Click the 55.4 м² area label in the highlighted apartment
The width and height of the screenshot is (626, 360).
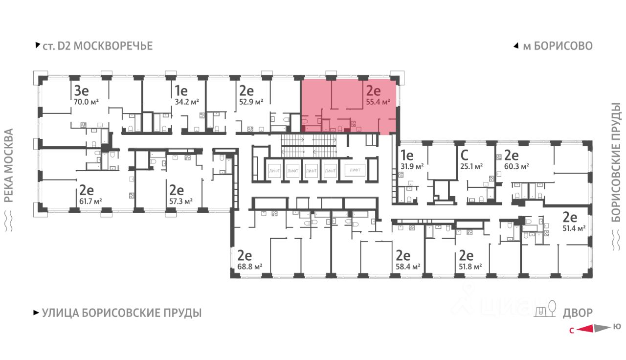378,102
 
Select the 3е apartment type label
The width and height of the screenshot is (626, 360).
81,90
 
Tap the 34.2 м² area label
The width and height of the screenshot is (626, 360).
187,102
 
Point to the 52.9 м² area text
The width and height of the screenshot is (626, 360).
251,102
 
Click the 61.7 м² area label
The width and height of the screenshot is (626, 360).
90,201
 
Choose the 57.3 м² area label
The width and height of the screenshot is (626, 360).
181,201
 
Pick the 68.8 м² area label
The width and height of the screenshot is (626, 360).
249,267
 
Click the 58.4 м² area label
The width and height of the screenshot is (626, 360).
408,267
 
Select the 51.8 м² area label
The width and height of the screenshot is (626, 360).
470,267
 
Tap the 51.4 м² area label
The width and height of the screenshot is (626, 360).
574,228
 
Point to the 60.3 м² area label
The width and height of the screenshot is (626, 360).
516,167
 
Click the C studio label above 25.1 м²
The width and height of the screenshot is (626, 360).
464,155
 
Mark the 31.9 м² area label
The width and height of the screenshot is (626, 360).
412,167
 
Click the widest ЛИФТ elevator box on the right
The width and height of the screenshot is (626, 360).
355,170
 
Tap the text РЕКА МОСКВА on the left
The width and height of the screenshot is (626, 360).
9,165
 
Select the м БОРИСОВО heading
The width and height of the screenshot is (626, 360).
558,46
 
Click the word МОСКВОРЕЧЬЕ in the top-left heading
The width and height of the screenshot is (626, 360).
113,46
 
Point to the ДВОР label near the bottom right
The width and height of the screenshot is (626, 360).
578,313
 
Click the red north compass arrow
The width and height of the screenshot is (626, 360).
584,329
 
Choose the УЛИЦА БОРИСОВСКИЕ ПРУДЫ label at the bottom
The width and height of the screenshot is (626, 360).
122,313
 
